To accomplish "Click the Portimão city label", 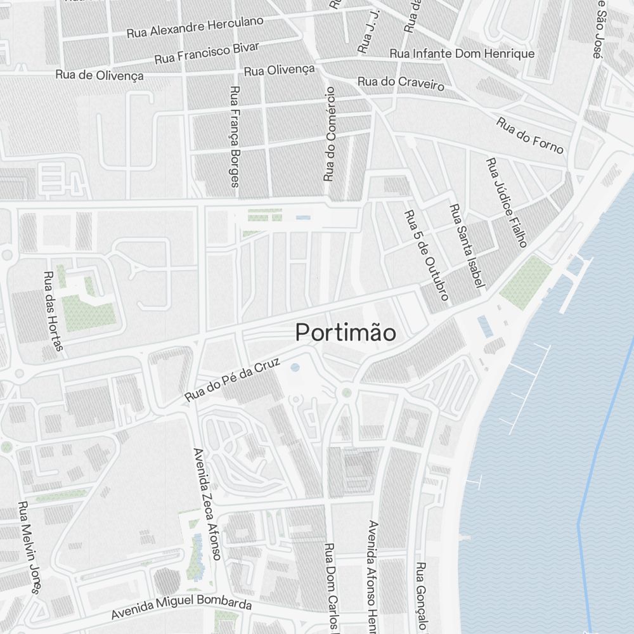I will coord(346,333).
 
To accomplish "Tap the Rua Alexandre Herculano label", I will coord(195,27).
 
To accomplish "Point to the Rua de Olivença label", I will coord(99,75).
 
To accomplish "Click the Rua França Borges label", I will coord(235,136).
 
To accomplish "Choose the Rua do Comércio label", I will coord(329,134).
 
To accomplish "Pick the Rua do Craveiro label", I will coord(401,82).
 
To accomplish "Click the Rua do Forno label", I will coord(529,135).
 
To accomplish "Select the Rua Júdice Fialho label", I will coord(507,203).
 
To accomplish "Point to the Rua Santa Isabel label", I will coord(467,247).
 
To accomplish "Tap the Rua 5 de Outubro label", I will coord(427,255).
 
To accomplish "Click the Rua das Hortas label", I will coord(53,311).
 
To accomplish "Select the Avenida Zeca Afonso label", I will coord(207,504).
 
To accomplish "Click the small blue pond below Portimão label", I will coord(295,367).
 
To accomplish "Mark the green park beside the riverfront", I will coord(526,283).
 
